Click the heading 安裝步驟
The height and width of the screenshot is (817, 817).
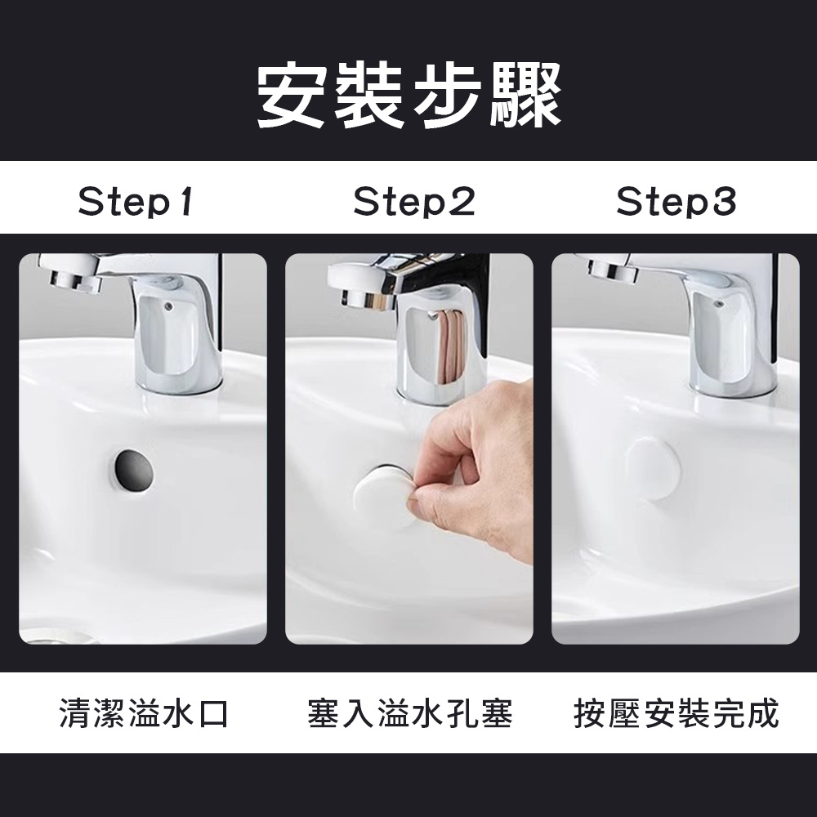click(x=409, y=96)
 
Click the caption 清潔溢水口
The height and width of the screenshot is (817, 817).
click(x=144, y=712)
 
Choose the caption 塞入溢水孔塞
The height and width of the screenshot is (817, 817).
click(x=410, y=712)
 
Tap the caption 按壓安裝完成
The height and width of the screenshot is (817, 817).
click(x=676, y=712)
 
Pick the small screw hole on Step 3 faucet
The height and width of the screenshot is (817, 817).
click(x=718, y=302)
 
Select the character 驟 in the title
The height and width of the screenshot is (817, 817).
click(x=526, y=96)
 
